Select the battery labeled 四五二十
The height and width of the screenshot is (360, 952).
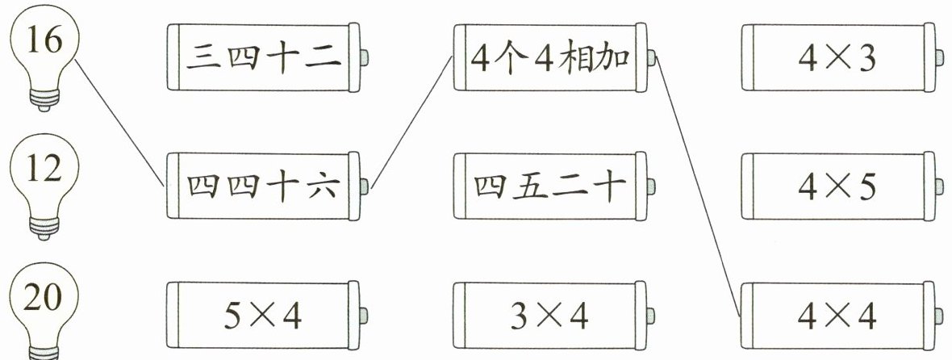tap(549, 186)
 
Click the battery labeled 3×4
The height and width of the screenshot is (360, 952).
tap(549, 315)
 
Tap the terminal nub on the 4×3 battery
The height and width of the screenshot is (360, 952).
tap(941, 57)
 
